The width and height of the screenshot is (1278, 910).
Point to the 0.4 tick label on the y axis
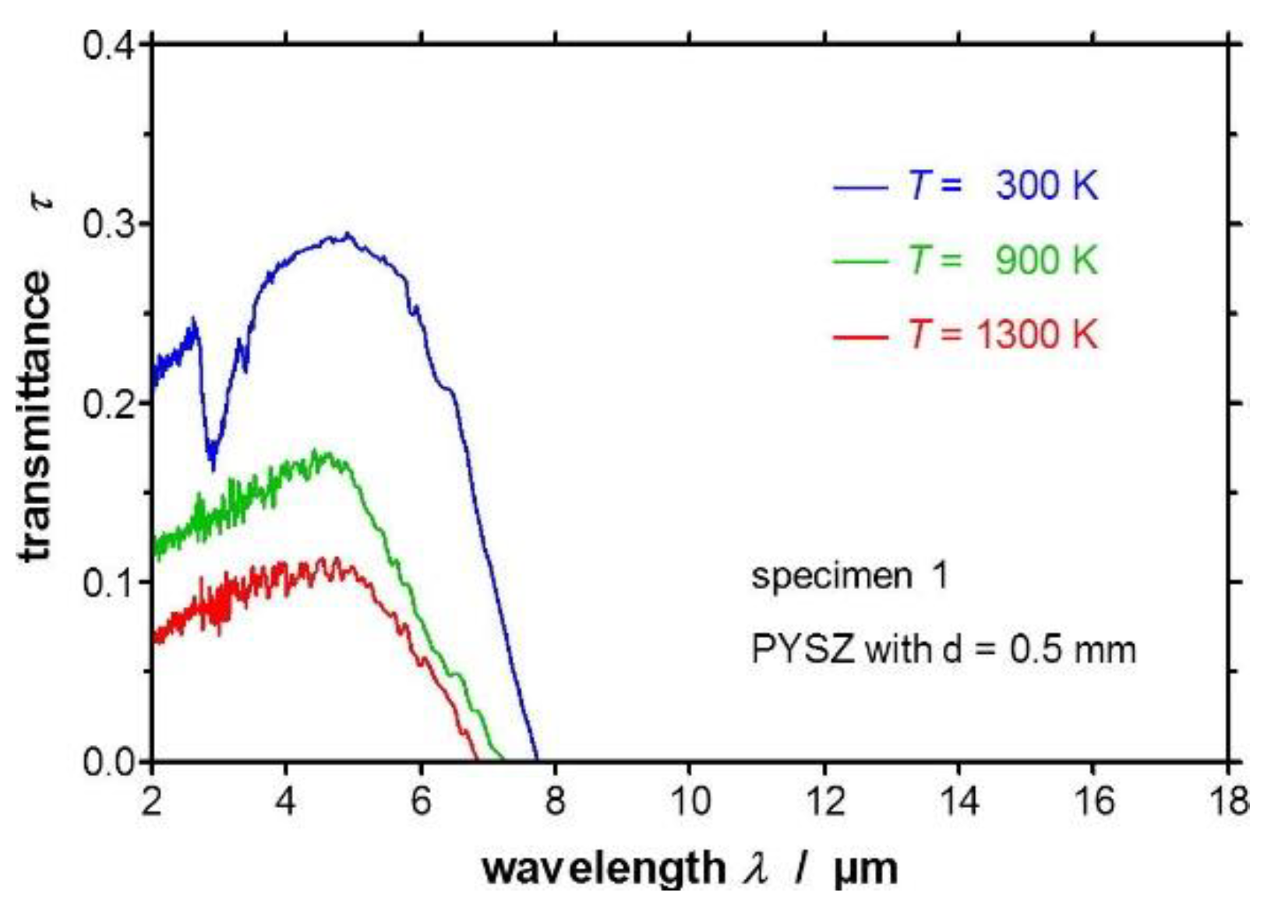click(x=109, y=45)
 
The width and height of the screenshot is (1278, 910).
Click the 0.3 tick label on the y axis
click(x=109, y=224)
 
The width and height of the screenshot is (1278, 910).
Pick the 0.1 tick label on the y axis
click(x=109, y=583)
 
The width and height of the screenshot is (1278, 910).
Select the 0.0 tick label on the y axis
click(x=109, y=762)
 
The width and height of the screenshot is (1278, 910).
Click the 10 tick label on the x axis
click(x=690, y=801)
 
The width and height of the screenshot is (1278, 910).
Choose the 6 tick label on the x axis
click(x=421, y=801)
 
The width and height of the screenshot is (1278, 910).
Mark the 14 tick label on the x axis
click(x=958, y=801)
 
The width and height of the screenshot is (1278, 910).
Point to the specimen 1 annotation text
click(x=849, y=577)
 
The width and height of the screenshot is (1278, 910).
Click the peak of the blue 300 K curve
click(x=348, y=234)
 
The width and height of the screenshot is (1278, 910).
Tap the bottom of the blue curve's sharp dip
click(x=212, y=467)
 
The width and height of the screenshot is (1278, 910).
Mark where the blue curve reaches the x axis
click(x=536, y=760)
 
